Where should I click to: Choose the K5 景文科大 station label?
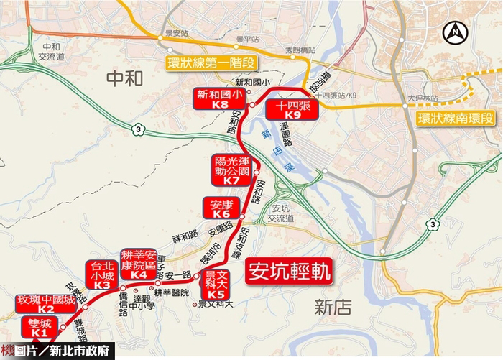[216, 285]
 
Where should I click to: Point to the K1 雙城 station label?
[38, 328]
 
